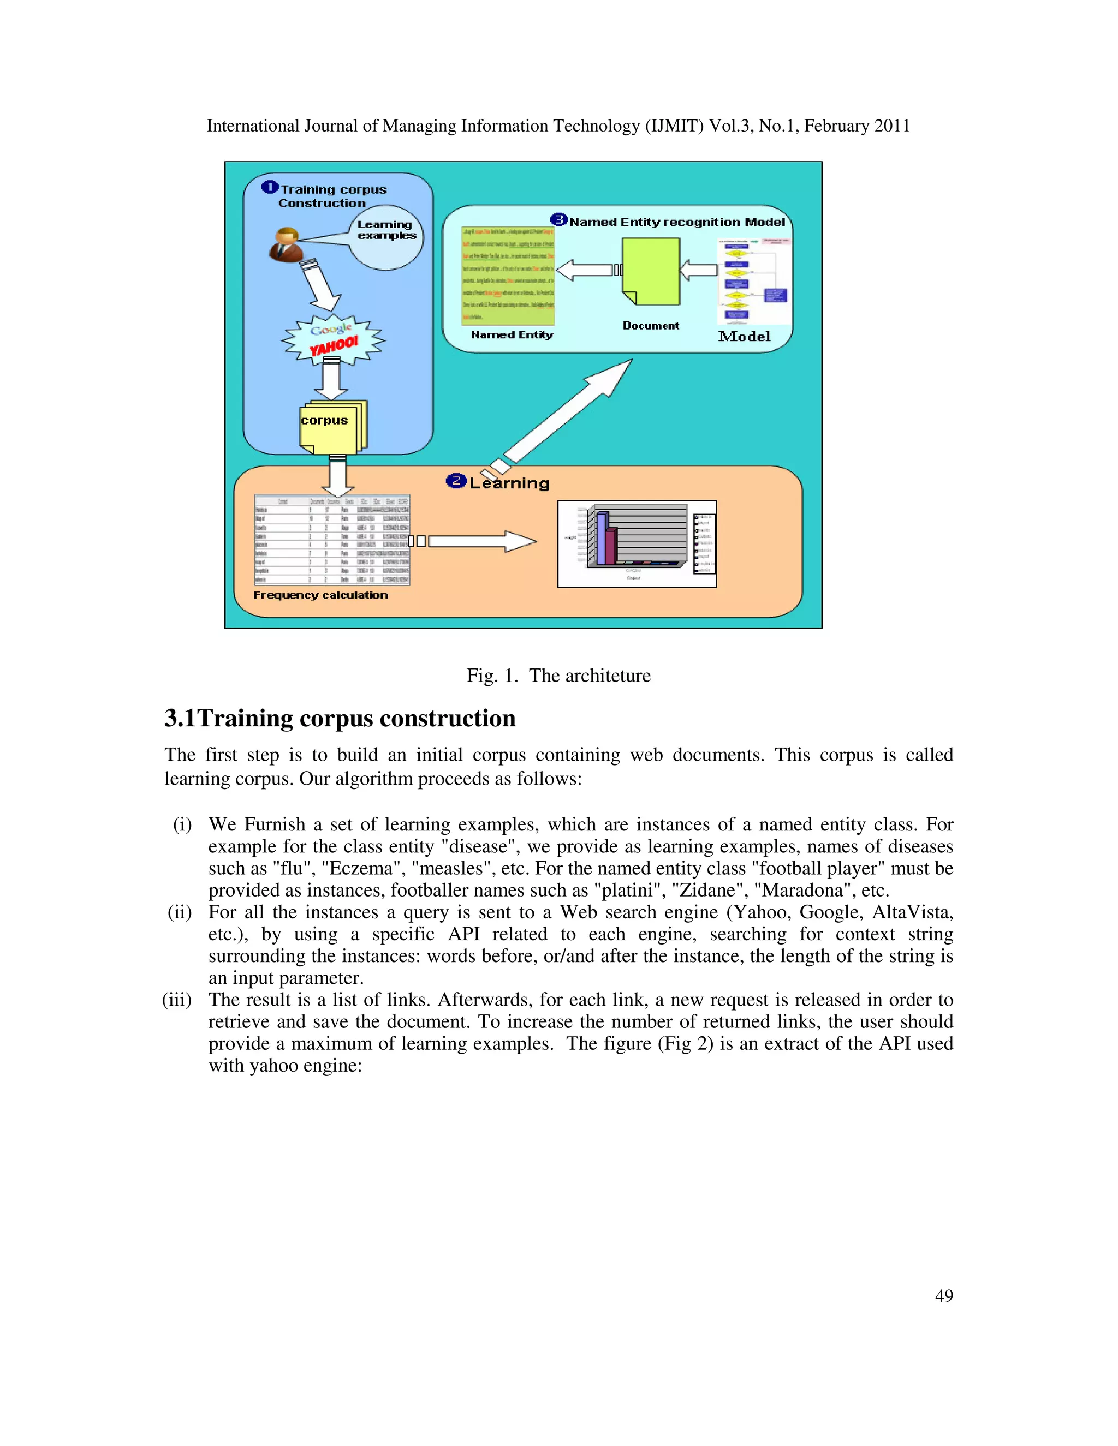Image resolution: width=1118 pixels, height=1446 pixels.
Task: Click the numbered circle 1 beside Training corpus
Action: pyautogui.click(x=269, y=187)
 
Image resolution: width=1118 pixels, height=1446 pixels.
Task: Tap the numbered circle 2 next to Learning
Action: pyautogui.click(x=456, y=481)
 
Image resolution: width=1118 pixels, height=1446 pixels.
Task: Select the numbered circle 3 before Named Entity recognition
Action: pyautogui.click(x=559, y=220)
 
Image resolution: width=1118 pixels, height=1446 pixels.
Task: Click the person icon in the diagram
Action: pyautogui.click(x=287, y=244)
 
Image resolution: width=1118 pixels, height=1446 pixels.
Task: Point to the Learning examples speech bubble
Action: pyautogui.click(x=386, y=237)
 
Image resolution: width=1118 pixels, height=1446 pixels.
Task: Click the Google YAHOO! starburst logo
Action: pyautogui.click(x=333, y=339)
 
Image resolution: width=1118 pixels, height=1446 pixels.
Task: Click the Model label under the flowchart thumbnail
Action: pyautogui.click(x=744, y=336)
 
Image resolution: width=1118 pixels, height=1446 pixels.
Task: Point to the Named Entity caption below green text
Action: pyautogui.click(x=512, y=335)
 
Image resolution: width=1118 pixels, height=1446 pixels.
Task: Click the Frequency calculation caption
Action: pyautogui.click(x=320, y=595)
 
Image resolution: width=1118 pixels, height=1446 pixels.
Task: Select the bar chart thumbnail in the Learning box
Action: pyautogui.click(x=637, y=543)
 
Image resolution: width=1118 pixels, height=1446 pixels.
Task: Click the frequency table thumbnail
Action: pyautogui.click(x=332, y=540)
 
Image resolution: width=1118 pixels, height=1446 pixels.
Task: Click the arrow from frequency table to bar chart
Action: pyautogui.click(x=482, y=541)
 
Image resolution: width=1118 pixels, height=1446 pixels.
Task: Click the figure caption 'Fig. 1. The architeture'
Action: pyautogui.click(x=558, y=676)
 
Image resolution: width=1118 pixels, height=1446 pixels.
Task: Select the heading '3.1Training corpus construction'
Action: pyautogui.click(x=340, y=719)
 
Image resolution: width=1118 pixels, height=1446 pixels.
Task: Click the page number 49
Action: pyautogui.click(x=944, y=1296)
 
